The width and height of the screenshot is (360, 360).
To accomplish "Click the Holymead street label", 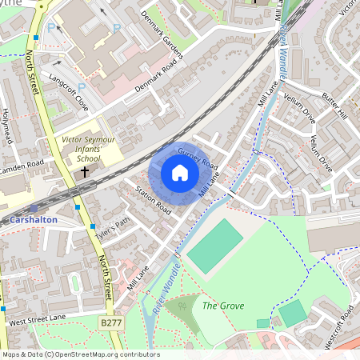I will click(x=8, y=127).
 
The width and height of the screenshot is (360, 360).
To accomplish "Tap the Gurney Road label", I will click(x=198, y=158).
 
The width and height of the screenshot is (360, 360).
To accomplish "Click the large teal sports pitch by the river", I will click(x=214, y=246).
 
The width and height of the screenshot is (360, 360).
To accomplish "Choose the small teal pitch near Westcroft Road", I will click(x=293, y=313).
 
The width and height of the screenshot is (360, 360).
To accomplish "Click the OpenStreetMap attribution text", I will click(x=80, y=354).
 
